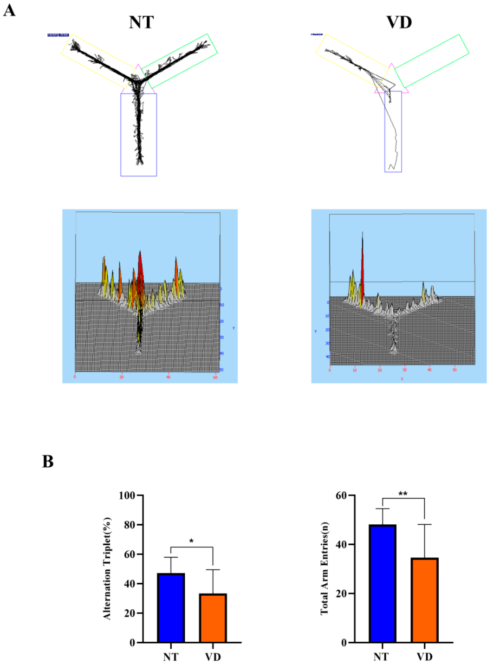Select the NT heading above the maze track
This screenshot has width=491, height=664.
[x=141, y=22]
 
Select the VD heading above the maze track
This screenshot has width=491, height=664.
[x=399, y=22]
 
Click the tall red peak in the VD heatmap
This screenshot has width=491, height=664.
[x=362, y=262]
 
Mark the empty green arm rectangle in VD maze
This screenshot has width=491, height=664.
[x=432, y=61]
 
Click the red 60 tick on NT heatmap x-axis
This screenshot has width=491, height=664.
[x=215, y=377]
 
